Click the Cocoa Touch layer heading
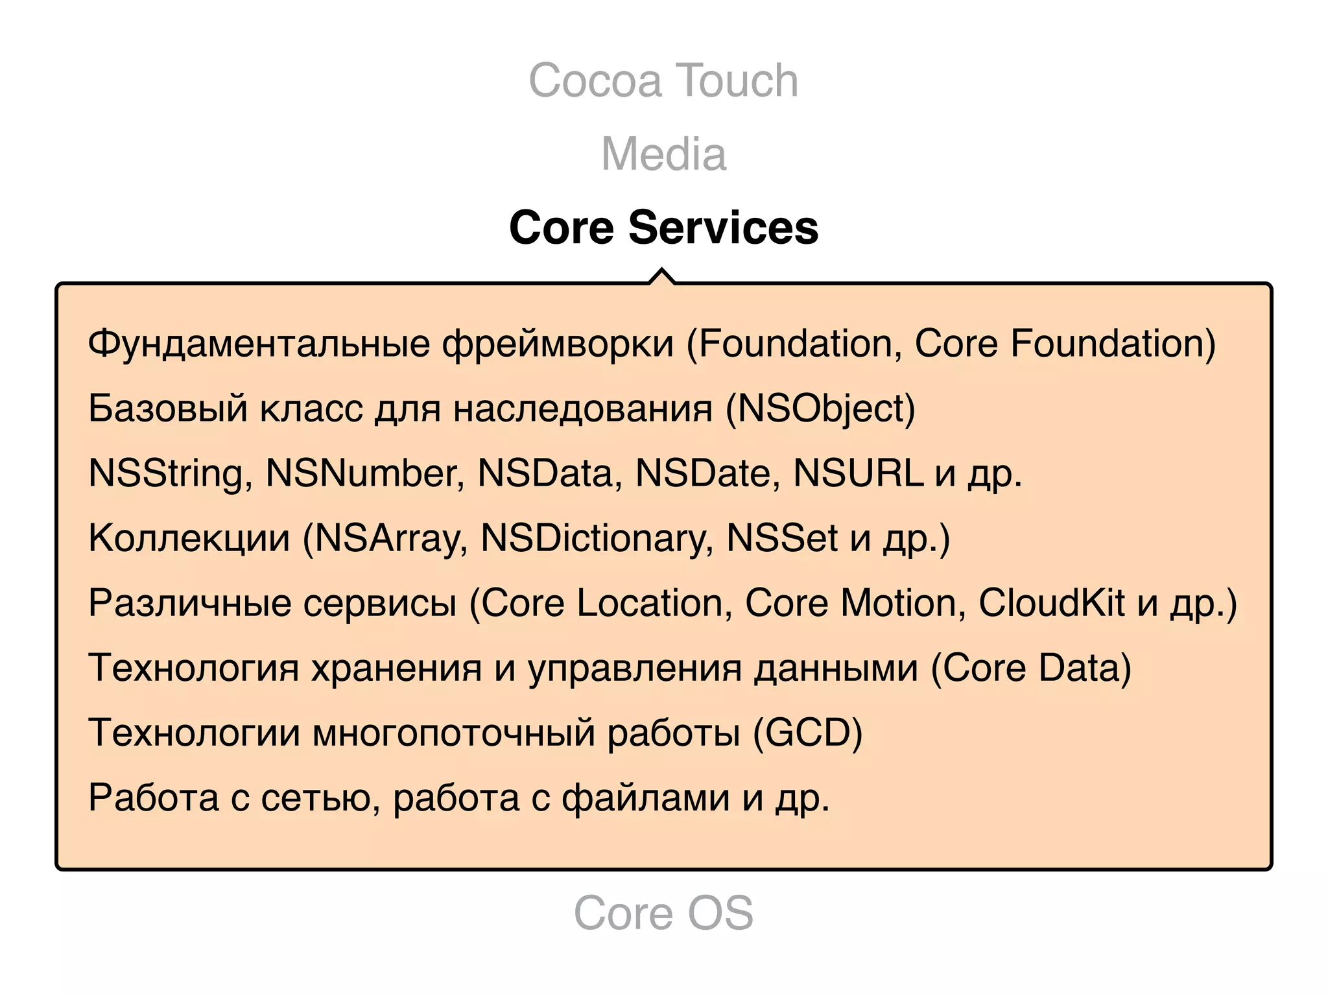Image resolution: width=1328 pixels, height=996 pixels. [663, 80]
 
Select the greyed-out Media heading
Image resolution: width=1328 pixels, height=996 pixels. [663, 154]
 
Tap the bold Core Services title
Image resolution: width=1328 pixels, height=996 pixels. [663, 228]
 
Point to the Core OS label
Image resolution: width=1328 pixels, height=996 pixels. [663, 912]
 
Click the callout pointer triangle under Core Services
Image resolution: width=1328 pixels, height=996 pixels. [661, 277]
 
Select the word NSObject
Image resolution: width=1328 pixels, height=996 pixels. [820, 409]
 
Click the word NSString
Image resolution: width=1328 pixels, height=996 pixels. [165, 473]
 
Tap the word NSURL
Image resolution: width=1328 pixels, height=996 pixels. [857, 473]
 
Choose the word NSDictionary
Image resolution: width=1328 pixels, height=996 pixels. [595, 538]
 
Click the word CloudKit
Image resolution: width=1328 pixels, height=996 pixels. [1051, 603]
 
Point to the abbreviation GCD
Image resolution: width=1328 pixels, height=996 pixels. [807, 733]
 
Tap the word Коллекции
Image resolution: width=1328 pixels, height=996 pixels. [189, 538]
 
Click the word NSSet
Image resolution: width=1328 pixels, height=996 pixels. [782, 538]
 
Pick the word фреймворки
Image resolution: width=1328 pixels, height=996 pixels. [558, 344]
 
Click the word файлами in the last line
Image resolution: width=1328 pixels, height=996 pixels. [645, 798]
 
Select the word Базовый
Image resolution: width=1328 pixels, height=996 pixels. [168, 409]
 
